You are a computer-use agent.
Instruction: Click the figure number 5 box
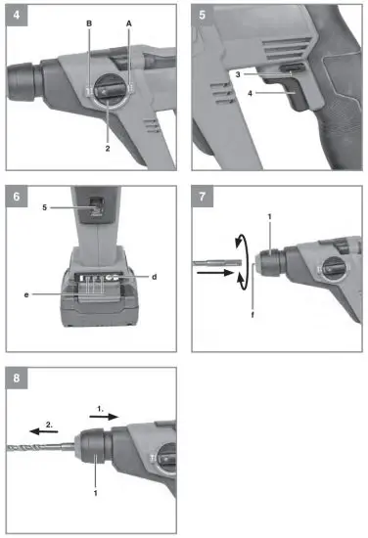204,16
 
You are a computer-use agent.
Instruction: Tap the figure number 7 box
204,197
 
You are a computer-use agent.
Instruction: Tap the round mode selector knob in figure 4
110,93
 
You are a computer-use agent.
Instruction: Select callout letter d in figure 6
155,277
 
